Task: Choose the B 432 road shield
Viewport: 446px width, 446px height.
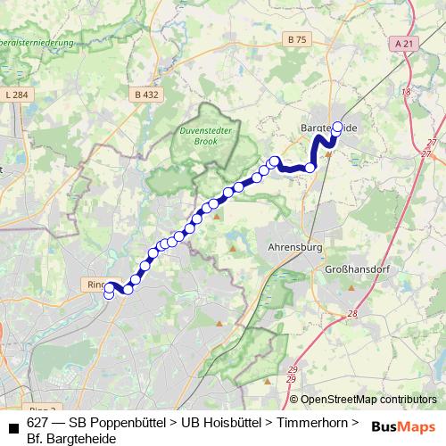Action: pyautogui.click(x=147, y=94)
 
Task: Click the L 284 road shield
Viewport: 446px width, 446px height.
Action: pyautogui.click(x=17, y=94)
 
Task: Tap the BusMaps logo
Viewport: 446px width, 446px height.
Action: pyautogui.click(x=404, y=425)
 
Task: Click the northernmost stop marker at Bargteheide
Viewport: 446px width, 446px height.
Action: pyautogui.click(x=337, y=127)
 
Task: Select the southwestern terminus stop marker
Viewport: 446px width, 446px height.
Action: pyautogui.click(x=109, y=294)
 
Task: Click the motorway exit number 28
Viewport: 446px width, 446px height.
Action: pyautogui.click(x=353, y=314)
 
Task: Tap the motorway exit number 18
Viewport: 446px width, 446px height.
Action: pyautogui.click(x=406, y=91)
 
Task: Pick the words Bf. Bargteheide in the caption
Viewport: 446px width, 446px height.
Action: pyautogui.click(x=71, y=438)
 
